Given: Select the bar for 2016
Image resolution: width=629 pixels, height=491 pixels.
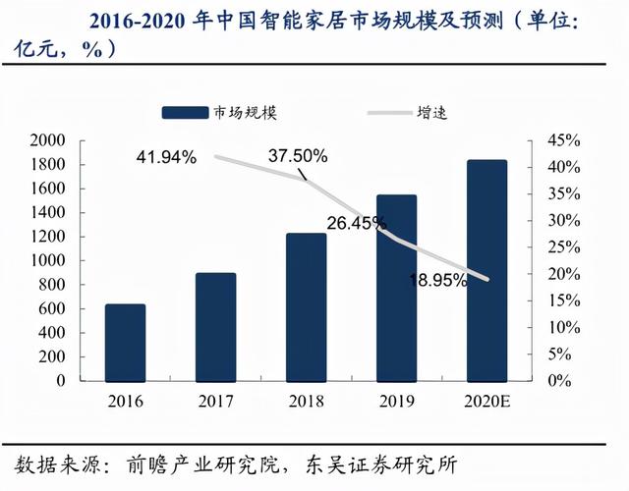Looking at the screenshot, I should (126, 342).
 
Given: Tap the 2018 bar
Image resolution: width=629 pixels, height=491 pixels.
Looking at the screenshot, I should (306, 306).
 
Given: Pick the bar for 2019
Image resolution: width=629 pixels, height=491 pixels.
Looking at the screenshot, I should (396, 287).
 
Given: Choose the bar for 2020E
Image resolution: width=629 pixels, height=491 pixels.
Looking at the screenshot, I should (486, 269).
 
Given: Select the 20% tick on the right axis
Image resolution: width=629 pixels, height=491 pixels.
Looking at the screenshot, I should (565, 273).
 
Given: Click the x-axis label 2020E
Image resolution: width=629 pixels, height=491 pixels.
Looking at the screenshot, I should (486, 401).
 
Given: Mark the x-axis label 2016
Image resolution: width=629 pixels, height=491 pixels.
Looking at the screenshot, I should (126, 401).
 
